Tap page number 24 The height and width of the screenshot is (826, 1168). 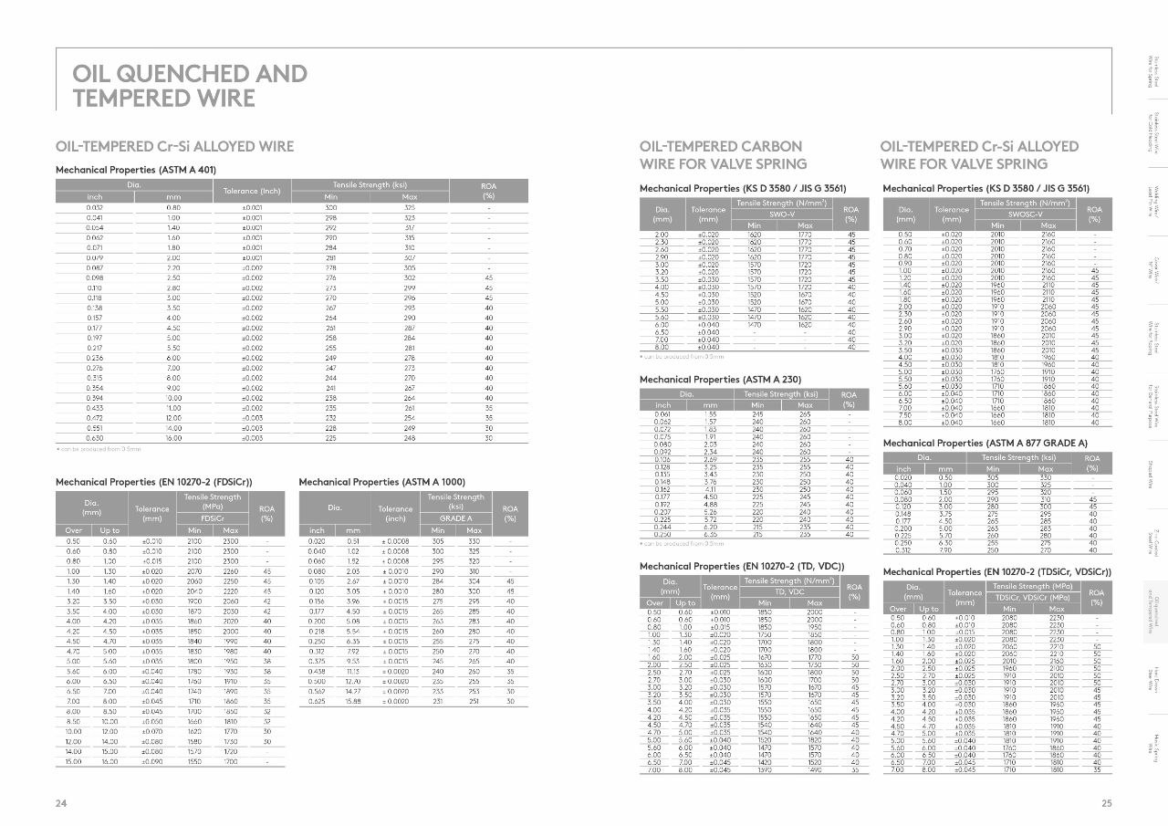[61, 803]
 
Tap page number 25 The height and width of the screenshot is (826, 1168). [1107, 803]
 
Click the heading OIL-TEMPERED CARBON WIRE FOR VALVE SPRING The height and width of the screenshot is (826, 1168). [723, 155]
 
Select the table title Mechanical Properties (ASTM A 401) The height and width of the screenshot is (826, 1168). [136, 170]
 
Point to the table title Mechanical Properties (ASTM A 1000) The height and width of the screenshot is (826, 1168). [381, 481]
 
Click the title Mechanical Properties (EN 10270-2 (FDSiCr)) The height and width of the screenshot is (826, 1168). [154, 481]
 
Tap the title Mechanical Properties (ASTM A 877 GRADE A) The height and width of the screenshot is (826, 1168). [985, 443]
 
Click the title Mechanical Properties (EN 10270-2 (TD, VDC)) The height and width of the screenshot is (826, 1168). [742, 566]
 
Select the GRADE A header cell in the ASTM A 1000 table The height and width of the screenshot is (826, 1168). [456, 518]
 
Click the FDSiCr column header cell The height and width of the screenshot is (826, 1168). [213, 518]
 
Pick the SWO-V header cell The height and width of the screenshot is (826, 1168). [779, 214]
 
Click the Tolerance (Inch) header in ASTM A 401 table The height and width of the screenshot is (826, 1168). [252, 191]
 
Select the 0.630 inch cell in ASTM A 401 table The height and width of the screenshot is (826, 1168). [95, 438]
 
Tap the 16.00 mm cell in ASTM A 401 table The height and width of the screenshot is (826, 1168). [173, 438]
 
